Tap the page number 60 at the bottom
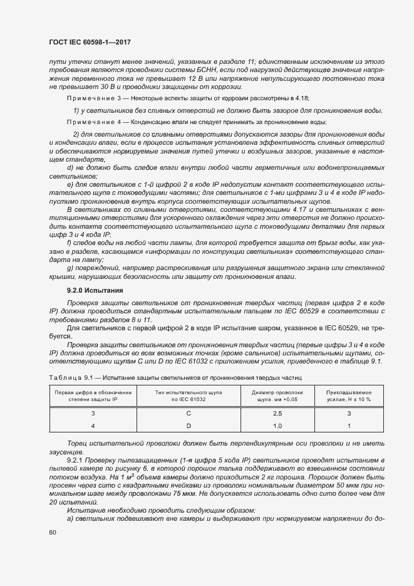coord(53,532)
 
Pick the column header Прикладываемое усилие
coord(348,392)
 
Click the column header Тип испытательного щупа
coord(189,392)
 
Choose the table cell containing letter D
coord(189,426)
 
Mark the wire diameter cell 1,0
coord(277,426)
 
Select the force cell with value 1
coord(348,426)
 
